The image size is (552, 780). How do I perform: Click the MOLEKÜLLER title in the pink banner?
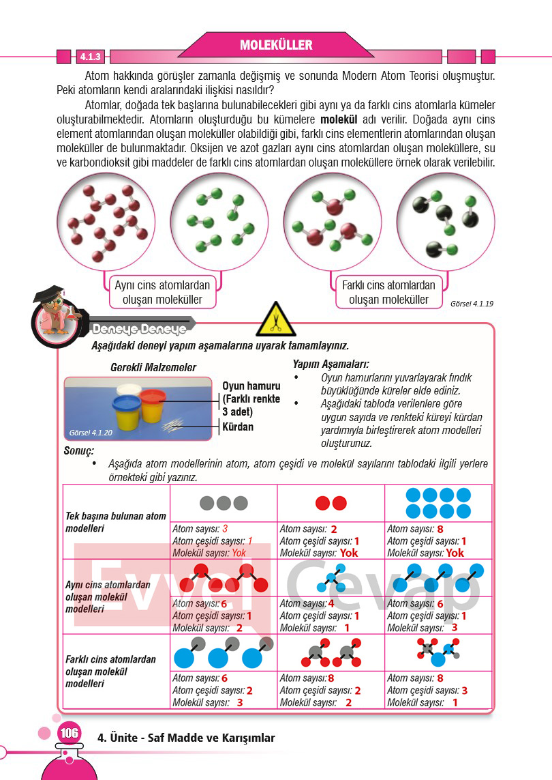point(276,45)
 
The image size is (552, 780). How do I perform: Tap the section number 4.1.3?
point(91,57)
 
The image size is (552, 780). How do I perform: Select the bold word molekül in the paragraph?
point(339,119)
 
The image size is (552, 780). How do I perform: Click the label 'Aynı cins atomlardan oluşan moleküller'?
point(162,293)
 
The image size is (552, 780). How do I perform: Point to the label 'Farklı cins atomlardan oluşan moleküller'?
point(388,293)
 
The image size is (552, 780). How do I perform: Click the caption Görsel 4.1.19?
point(472,304)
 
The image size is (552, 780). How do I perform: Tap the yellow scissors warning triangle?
point(276,319)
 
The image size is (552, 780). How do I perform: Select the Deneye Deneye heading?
point(139,329)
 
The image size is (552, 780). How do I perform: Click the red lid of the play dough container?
point(153,396)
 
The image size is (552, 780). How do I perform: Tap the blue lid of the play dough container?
point(128,403)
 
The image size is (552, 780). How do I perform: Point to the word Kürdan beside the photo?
point(237,427)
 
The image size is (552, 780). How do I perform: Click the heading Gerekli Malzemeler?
point(153,367)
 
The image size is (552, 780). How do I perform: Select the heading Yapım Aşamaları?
point(331,364)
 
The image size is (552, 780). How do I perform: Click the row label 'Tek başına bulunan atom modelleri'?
point(116,522)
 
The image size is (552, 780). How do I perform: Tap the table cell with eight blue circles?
point(438,504)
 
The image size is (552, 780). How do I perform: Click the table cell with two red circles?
point(331,504)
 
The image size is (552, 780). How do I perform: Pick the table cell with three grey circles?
point(224,504)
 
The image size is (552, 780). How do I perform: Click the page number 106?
point(69,733)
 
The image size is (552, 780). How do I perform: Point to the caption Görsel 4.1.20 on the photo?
point(91,433)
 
